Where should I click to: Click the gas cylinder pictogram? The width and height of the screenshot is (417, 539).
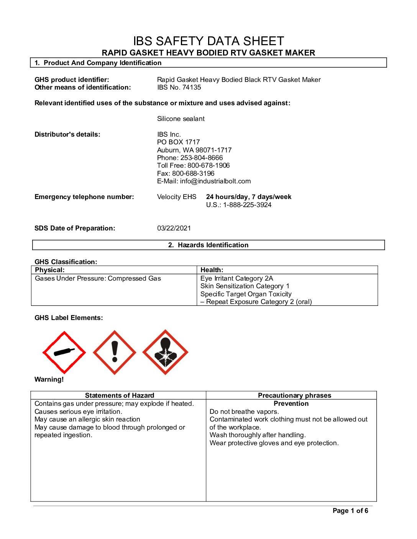(64, 352)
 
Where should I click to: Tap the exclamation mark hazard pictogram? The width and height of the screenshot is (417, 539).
(115, 353)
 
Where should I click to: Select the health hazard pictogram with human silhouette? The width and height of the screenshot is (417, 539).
(165, 352)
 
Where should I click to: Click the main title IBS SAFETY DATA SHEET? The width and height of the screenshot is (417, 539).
(208, 41)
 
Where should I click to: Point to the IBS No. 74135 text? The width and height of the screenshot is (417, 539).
(179, 87)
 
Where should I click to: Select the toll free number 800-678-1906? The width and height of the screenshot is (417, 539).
(208, 165)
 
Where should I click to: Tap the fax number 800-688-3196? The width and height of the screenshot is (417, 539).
(193, 173)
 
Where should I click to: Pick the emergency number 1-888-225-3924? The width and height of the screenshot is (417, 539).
(247, 205)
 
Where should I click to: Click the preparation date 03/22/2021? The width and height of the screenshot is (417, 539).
(174, 228)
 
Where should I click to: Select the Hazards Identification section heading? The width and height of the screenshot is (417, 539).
(208, 245)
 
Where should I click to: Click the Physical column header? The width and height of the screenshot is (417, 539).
(50, 270)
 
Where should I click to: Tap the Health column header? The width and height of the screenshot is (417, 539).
(212, 270)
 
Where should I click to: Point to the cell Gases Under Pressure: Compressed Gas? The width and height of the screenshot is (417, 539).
(98, 278)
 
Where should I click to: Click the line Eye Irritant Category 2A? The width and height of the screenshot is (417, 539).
(237, 278)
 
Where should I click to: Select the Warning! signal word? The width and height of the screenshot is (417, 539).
(49, 379)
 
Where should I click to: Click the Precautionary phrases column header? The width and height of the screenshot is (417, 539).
(294, 395)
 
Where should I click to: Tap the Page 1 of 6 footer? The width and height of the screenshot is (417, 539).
(350, 511)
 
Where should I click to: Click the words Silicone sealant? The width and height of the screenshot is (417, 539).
(181, 119)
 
